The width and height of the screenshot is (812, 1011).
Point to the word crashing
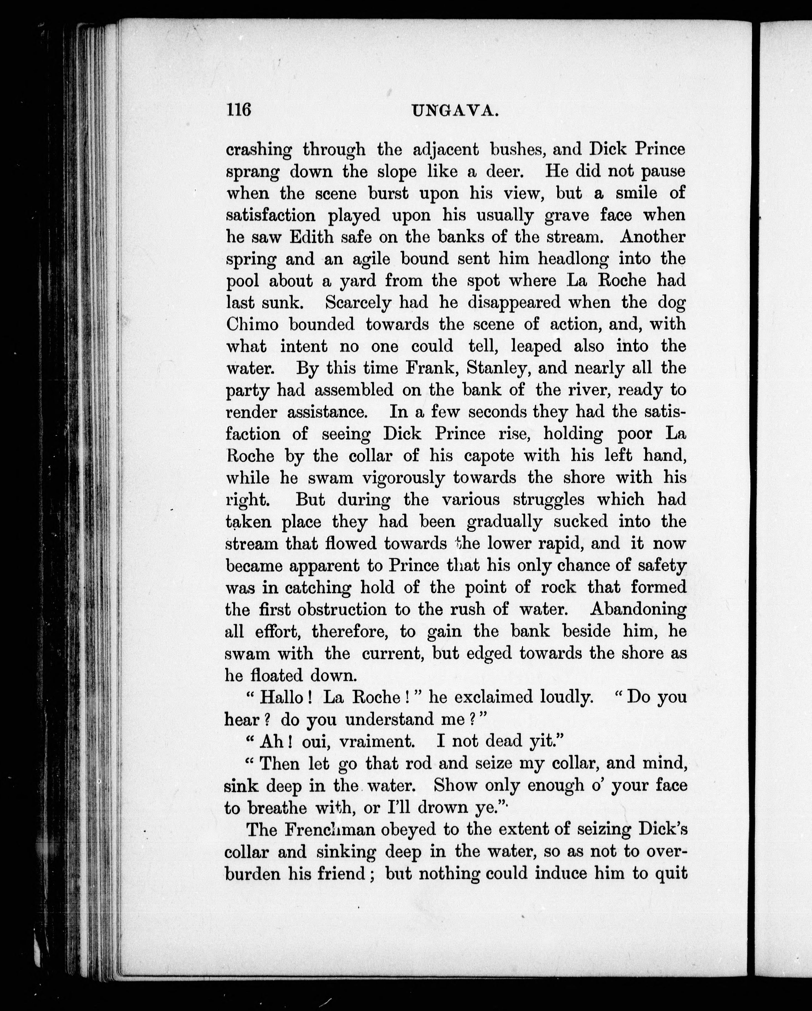[x=259, y=150]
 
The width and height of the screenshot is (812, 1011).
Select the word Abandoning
[x=638, y=609]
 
